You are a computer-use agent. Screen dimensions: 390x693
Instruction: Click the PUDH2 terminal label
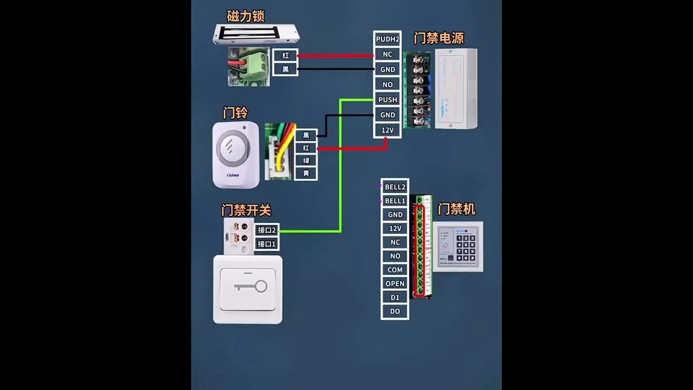[387, 39]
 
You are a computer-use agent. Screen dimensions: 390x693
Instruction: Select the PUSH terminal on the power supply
[388, 100]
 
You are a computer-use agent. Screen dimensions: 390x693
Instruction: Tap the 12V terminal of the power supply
[388, 130]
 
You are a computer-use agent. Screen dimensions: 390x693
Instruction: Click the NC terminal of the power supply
[388, 54]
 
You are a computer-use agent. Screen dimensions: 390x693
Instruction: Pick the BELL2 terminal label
[395, 187]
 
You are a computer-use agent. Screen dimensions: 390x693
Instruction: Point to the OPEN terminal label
[395, 284]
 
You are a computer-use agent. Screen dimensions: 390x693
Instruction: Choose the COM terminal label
[395, 270]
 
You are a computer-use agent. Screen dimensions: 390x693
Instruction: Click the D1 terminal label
[395, 297]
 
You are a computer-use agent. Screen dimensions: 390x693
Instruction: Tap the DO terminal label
[395, 311]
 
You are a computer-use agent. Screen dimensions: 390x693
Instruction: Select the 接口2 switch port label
[267, 230]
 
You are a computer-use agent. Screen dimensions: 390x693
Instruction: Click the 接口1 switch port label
[267, 244]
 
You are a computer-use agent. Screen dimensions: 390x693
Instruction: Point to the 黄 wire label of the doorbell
[306, 173]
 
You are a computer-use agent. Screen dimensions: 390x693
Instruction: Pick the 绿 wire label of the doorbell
[306, 161]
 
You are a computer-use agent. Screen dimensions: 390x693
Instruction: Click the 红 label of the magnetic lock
[285, 55]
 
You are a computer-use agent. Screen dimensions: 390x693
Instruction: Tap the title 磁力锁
[246, 16]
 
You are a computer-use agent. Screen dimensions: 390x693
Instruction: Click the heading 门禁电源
[439, 38]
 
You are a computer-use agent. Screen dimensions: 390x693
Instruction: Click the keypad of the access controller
[466, 248]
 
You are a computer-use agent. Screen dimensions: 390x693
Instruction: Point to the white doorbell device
[236, 154]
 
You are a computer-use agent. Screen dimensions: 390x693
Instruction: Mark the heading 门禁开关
[246, 210]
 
